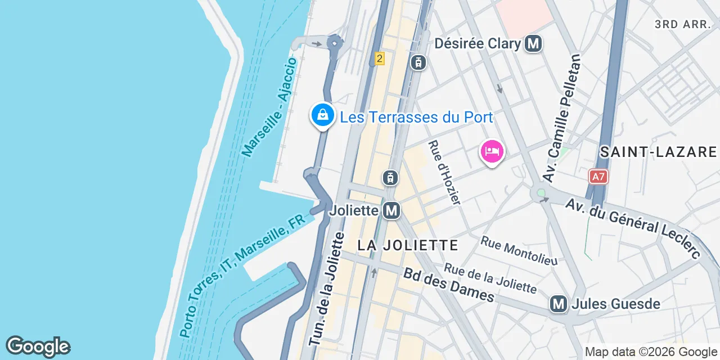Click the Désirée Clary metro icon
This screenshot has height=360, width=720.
pyautogui.click(x=533, y=44)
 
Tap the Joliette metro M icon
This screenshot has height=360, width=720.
pyautogui.click(x=391, y=211)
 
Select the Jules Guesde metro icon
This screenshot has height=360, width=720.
pyautogui.click(x=559, y=304)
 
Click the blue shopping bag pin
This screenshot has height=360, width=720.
pyautogui.click(x=323, y=115)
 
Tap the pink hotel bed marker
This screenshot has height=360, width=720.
pyautogui.click(x=492, y=151)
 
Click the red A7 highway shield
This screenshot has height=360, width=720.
pyautogui.click(x=598, y=177)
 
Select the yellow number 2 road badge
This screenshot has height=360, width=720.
pyautogui.click(x=380, y=58)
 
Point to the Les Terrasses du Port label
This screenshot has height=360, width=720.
pyautogui.click(x=416, y=118)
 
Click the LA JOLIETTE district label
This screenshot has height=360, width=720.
pyautogui.click(x=408, y=245)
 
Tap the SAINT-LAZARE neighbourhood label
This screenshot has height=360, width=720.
pyautogui.click(x=658, y=152)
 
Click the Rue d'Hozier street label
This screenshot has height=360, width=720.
pyautogui.click(x=444, y=173)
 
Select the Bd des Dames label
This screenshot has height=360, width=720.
pyautogui.click(x=448, y=284)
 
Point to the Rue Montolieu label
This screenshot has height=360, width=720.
pyautogui.click(x=519, y=251)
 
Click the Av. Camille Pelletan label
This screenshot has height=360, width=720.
pyautogui.click(x=561, y=118)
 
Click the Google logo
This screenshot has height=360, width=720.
pyautogui.click(x=38, y=346)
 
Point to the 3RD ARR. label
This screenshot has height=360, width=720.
pyautogui.click(x=684, y=24)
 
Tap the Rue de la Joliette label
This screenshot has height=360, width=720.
pyautogui.click(x=490, y=278)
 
